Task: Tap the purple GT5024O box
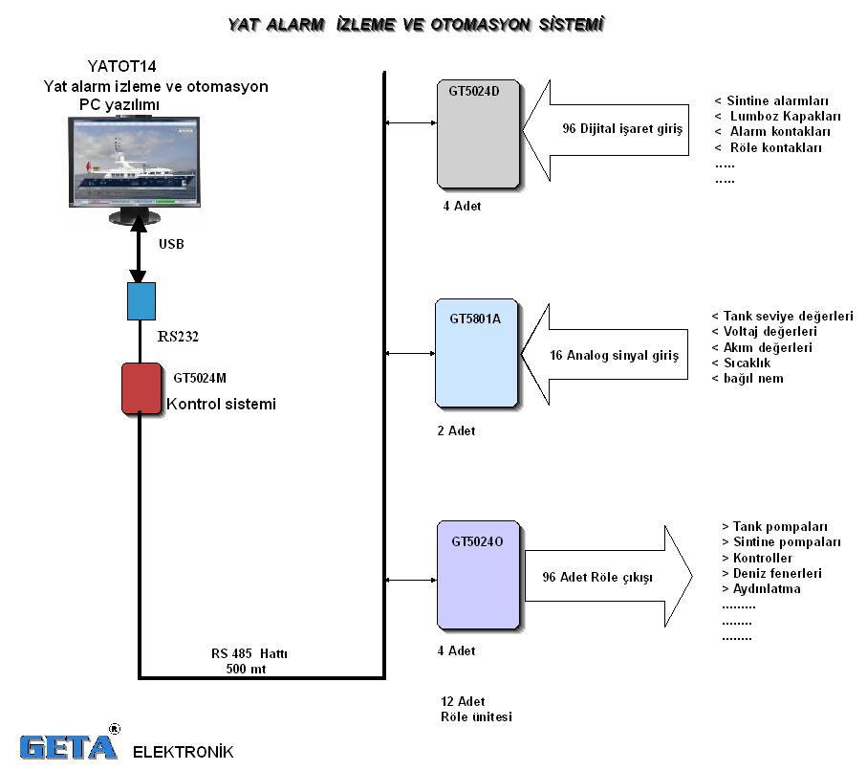coord(477,575)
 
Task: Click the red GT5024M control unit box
coord(141,388)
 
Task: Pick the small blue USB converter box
coord(141,300)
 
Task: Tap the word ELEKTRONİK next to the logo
coord(183,751)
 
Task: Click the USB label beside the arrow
coord(171,244)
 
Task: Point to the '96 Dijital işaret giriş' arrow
coord(612,129)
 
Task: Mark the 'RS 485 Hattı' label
coord(249,654)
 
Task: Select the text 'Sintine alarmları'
coord(776,100)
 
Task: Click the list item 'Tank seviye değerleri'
coord(788,317)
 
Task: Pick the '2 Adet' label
coord(456,430)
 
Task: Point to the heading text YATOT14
coord(121,67)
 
